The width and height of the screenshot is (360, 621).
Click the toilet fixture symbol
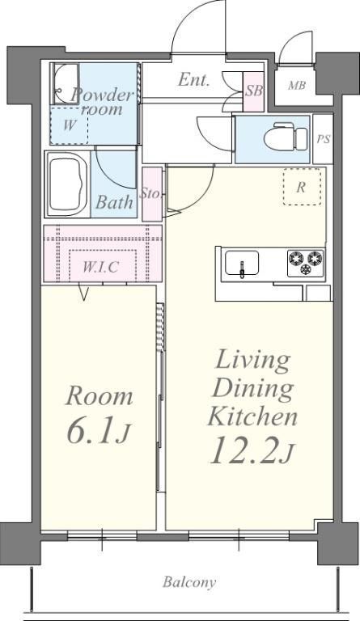[285, 137]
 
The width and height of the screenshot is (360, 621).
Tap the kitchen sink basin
[242, 263]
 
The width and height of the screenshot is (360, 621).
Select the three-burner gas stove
[306, 263]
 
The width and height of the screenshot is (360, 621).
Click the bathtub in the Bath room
[68, 184]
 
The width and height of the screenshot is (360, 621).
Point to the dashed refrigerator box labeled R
[302, 187]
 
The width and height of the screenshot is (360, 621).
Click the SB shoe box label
[253, 91]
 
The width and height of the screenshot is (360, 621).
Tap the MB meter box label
[296, 85]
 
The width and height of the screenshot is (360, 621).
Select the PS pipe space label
[323, 139]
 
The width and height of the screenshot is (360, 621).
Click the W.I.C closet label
[100, 267]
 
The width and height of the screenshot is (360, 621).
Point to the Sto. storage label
[151, 194]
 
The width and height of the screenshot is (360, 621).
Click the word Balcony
[189, 582]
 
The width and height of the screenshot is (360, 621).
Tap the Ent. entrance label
[193, 79]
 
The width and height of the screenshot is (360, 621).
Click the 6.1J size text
[98, 432]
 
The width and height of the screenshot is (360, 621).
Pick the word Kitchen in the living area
[252, 416]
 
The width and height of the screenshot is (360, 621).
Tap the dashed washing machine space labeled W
[70, 125]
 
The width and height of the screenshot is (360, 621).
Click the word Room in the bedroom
[99, 396]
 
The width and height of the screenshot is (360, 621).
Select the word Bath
[114, 202]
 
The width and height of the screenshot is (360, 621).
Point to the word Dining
[253, 389]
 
